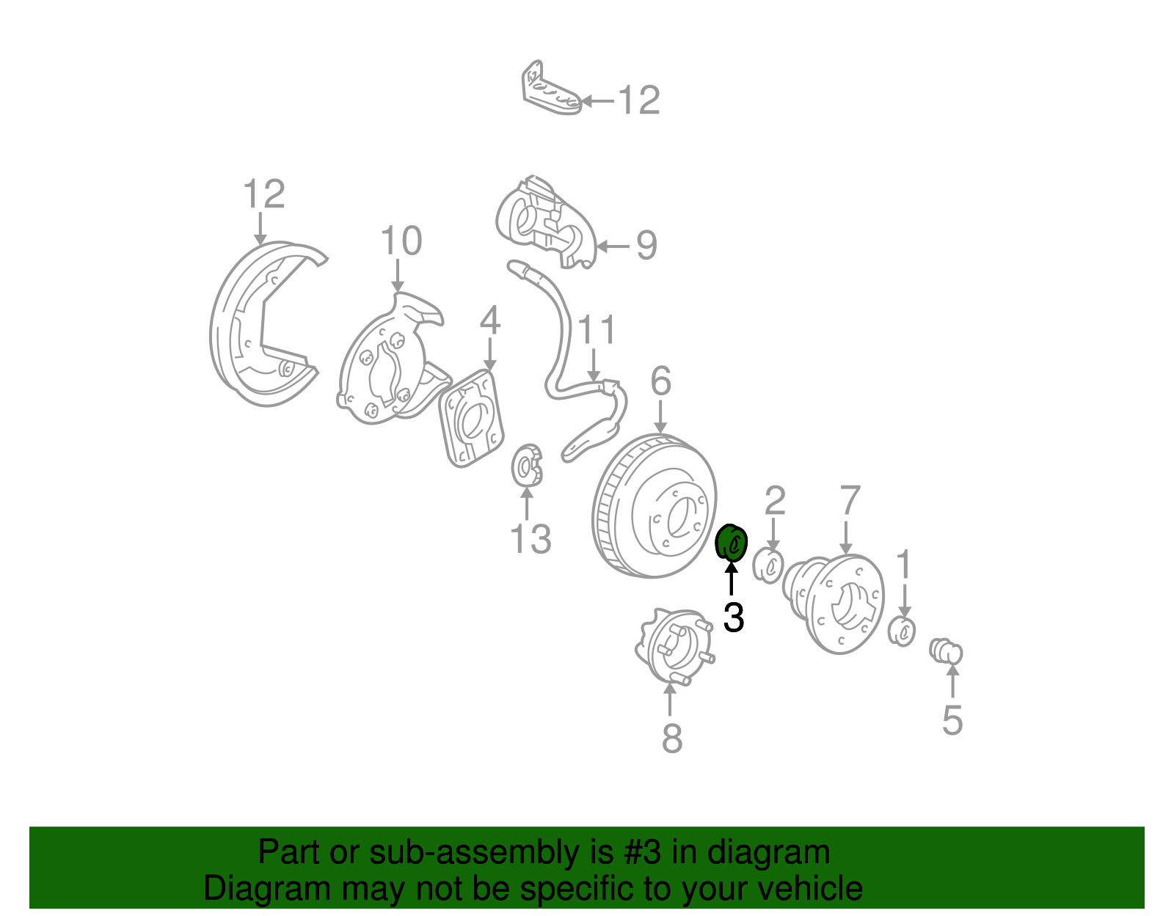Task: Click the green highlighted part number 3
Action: pos(731,543)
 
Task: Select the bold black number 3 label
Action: pos(734,617)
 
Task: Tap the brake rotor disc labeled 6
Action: pos(655,506)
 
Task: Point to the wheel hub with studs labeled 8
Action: pos(675,646)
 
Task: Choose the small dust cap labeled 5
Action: pos(946,651)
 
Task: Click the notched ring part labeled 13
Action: pos(527,465)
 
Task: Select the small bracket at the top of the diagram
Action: pos(551,89)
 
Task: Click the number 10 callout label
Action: pos(401,241)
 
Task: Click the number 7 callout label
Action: pos(850,500)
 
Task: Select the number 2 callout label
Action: pos(775,501)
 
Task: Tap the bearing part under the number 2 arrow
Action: pos(768,565)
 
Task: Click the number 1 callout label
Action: pos(904,565)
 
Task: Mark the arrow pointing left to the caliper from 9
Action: pos(613,246)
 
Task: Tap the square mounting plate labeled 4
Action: pos(471,418)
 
